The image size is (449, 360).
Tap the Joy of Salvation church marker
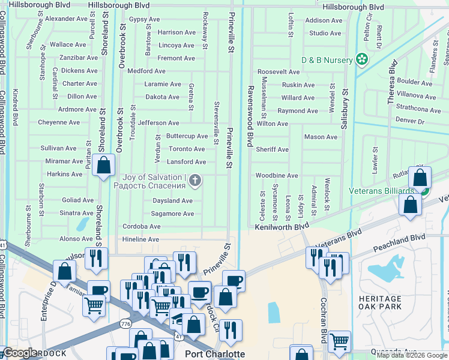pyautogui.click(x=195, y=180)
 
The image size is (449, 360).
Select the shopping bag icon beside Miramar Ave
pyautogui.click(x=104, y=166)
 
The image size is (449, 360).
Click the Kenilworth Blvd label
pyautogui.click(x=281, y=227)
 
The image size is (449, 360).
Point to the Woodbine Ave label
pyautogui.click(x=277, y=176)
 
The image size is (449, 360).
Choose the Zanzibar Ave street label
pyautogui.click(x=79, y=58)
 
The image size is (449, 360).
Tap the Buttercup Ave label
pyautogui.click(x=187, y=136)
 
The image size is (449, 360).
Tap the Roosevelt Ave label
pyautogui.click(x=279, y=71)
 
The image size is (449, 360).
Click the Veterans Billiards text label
pyautogui.click(x=381, y=191)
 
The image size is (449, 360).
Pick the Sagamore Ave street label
pyautogui.click(x=172, y=214)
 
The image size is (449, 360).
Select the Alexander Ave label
pyautogui.click(x=67, y=19)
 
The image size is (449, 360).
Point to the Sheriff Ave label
pyautogui.click(x=273, y=149)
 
